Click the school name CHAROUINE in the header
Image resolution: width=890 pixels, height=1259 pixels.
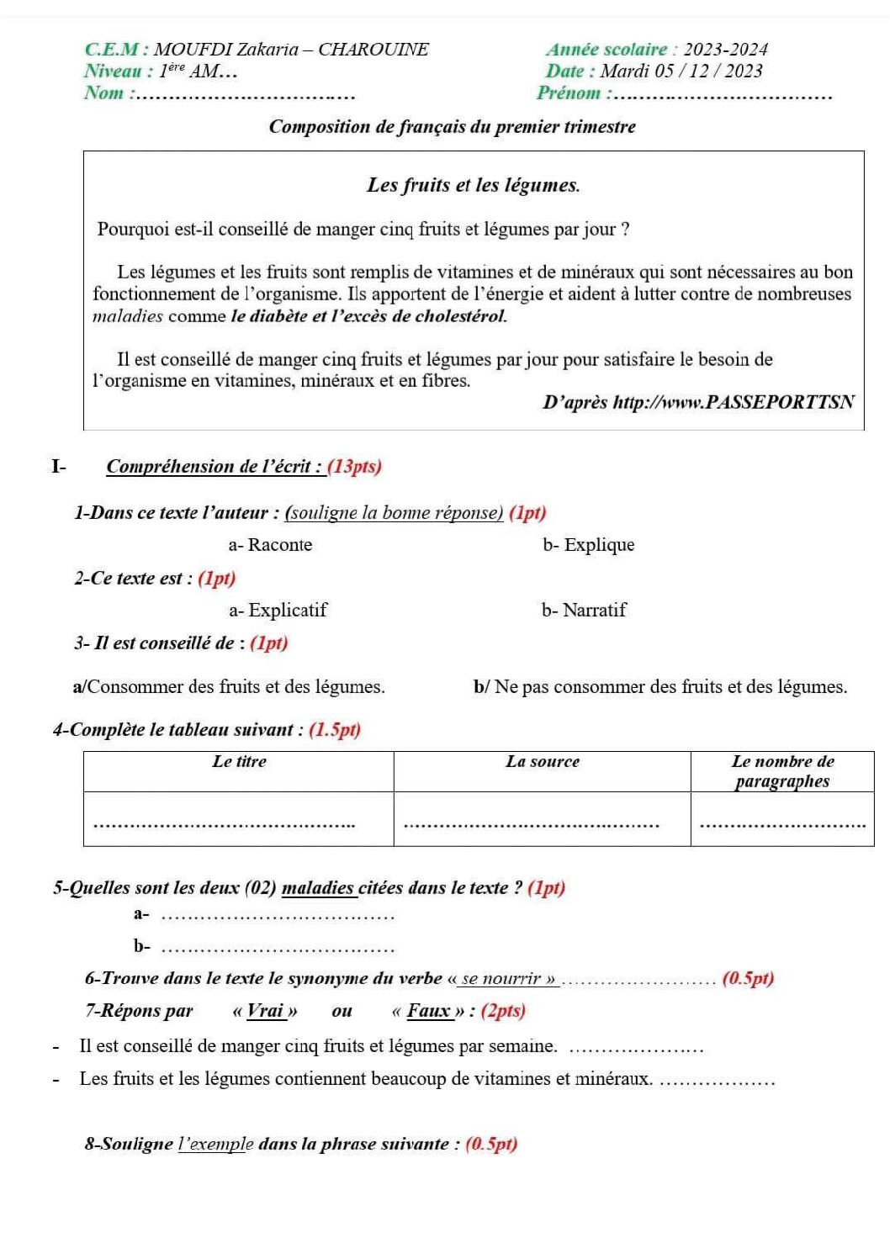373,50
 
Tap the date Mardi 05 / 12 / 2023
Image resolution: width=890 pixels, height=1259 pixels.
681,71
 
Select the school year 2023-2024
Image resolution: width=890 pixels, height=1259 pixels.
725,50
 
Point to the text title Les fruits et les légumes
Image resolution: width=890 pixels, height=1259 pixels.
473,186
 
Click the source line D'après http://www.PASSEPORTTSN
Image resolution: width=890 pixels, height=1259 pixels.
698,402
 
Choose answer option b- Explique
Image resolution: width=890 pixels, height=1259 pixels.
589,545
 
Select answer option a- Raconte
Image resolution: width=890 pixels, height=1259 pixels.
270,545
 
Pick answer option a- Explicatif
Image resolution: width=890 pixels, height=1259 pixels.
278,611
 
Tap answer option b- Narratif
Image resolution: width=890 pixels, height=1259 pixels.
584,611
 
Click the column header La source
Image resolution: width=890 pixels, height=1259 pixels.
543,762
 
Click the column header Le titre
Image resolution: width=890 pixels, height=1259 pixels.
239,762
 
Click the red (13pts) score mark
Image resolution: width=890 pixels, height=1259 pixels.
354,467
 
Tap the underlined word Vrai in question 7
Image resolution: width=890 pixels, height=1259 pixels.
267,1011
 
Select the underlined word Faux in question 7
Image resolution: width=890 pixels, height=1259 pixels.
429,1011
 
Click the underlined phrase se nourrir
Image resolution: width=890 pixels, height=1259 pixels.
508,979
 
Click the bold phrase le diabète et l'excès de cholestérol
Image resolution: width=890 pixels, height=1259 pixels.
368,317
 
